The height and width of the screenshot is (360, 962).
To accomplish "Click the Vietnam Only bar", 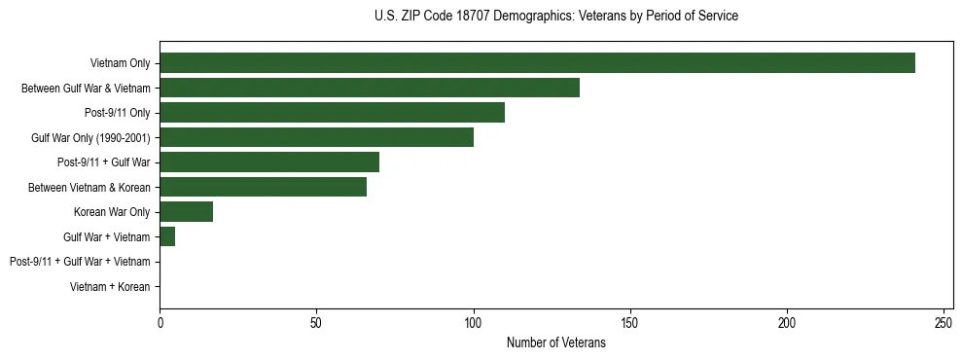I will (x=537, y=63).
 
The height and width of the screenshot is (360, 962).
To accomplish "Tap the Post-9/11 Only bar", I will (x=332, y=113).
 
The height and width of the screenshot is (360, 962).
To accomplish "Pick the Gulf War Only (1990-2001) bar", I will (x=316, y=137).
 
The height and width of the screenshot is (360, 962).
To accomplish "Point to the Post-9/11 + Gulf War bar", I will (x=269, y=162).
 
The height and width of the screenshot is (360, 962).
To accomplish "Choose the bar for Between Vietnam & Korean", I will (x=263, y=187).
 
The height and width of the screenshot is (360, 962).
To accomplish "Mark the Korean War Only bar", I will (x=186, y=212).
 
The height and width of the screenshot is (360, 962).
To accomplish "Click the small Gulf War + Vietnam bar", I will (x=167, y=236).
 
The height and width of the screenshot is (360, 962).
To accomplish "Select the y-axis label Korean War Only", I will (x=112, y=212).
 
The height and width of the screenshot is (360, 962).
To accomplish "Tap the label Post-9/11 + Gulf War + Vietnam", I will (x=80, y=262).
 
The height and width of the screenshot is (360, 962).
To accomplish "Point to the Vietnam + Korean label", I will (x=110, y=287).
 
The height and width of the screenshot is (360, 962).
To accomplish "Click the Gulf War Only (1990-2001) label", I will (x=90, y=138).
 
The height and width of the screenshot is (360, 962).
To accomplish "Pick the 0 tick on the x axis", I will (x=160, y=321).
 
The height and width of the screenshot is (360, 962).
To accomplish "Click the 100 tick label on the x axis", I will (x=474, y=321).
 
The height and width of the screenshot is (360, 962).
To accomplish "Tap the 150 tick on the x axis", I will (x=630, y=321).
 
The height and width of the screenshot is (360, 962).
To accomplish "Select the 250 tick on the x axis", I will (x=944, y=321).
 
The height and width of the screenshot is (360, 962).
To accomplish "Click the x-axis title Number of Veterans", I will (x=555, y=343).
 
